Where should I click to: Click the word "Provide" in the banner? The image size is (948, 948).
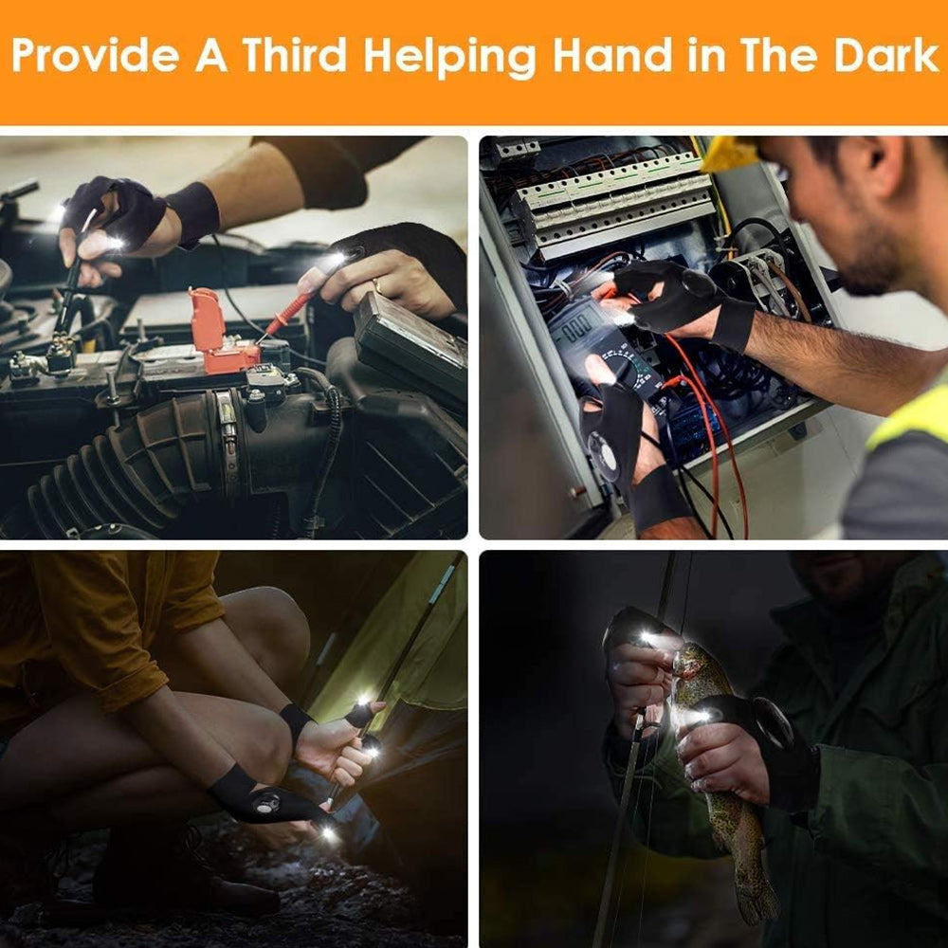click(96, 55)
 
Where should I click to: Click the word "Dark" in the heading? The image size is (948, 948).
click(885, 55)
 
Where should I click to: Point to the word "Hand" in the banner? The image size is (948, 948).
click(611, 55)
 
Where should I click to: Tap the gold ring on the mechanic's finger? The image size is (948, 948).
click(377, 286)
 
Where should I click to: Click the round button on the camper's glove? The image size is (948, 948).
click(264, 804)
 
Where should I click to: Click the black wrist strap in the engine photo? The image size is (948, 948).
click(192, 212)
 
